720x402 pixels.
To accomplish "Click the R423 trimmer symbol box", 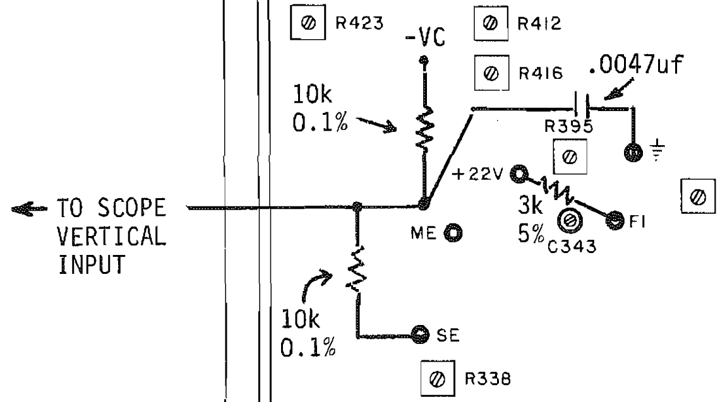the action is click(x=308, y=23).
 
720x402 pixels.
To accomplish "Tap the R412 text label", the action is click(x=539, y=23).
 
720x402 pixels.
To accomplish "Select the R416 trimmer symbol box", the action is click(x=491, y=73).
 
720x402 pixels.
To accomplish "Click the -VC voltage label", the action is click(x=426, y=38).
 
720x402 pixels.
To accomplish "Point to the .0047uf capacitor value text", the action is click(x=636, y=65).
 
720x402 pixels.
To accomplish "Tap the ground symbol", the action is click(x=658, y=150).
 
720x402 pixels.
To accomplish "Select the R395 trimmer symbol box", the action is click(x=570, y=157).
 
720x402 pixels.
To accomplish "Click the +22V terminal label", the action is click(x=477, y=174).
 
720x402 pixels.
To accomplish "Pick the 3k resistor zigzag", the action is click(x=556, y=190).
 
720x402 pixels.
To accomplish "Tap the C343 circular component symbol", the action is click(x=570, y=220).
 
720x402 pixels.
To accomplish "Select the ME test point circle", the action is click(x=453, y=233).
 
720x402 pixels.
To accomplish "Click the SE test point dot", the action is click(x=419, y=334).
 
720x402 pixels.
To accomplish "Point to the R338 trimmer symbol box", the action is click(x=438, y=379).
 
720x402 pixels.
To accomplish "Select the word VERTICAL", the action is click(x=112, y=236).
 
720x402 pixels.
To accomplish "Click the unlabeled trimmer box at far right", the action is click(x=698, y=196).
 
